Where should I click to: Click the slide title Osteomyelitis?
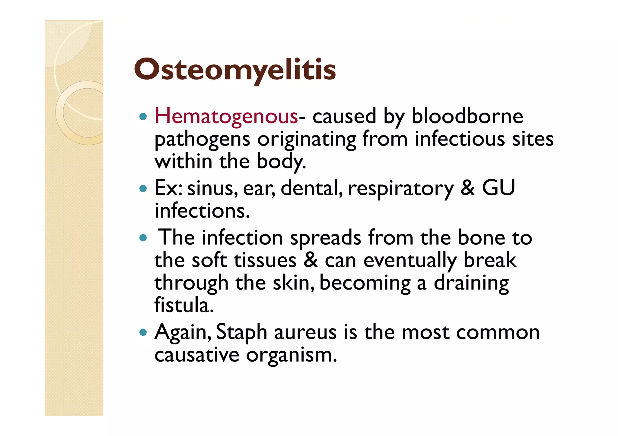235,70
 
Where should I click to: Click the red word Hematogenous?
226,116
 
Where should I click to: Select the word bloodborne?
467,116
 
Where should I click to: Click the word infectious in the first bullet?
460,139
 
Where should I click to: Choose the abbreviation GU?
498,188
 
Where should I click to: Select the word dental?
311,188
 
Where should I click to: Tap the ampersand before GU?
467,188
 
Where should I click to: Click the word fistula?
184,305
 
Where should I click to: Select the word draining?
471,284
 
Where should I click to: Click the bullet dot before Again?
143,333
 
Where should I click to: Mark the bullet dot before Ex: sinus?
143,189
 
